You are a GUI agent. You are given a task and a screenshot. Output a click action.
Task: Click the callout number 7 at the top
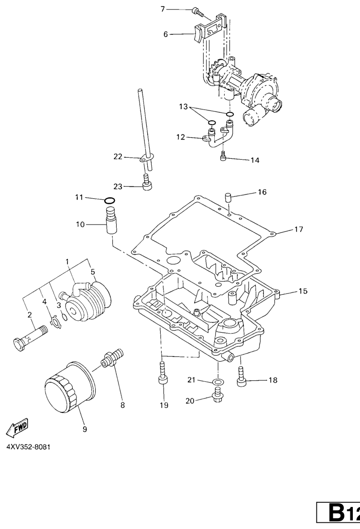(x=163, y=9)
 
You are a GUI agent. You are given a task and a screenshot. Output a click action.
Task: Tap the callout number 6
(x=166, y=34)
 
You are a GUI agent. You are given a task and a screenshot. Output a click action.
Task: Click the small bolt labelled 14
(x=223, y=156)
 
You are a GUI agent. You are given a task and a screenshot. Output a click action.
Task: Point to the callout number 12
(x=180, y=137)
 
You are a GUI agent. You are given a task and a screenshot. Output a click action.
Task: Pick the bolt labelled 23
(x=148, y=184)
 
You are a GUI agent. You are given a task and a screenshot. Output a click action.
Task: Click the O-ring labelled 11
(x=109, y=200)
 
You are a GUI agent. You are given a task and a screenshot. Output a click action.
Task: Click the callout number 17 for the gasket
(x=298, y=229)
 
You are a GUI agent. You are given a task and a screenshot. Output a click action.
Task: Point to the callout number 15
(x=303, y=291)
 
